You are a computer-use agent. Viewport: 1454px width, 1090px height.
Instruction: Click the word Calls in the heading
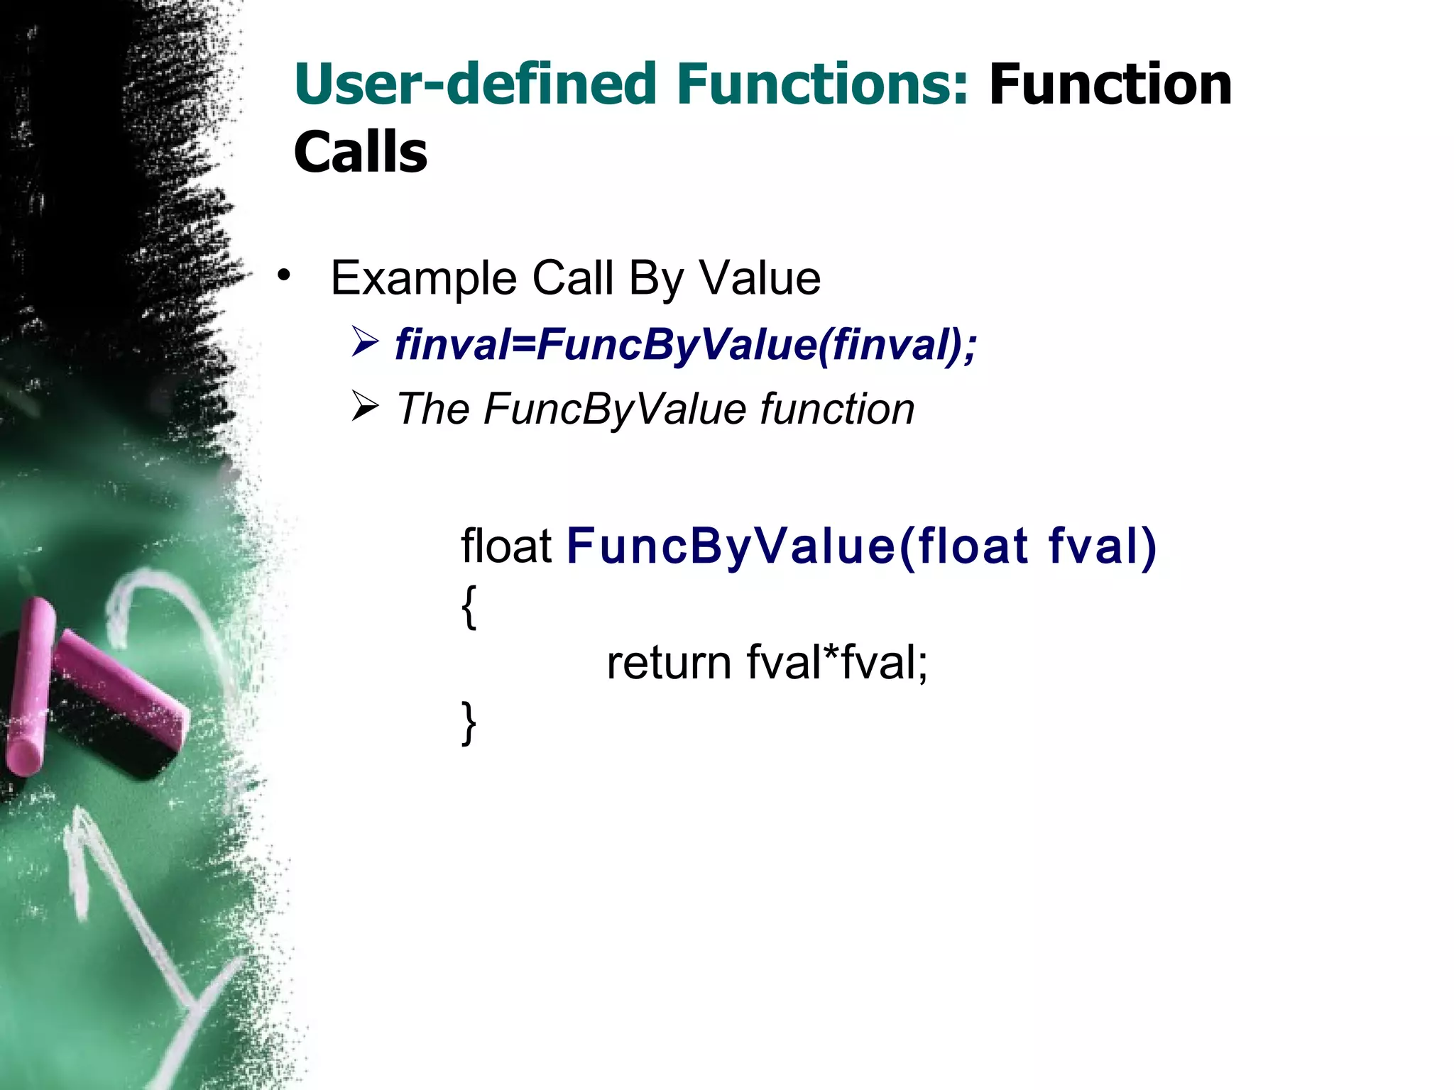(x=360, y=153)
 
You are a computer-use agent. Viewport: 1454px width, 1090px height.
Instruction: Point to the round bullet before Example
(x=284, y=275)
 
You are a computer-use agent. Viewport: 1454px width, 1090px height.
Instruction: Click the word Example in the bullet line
(x=423, y=278)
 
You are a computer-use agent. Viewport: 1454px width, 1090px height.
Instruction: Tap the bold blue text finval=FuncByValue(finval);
(x=685, y=346)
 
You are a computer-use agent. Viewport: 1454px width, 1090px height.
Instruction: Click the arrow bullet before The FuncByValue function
(x=366, y=407)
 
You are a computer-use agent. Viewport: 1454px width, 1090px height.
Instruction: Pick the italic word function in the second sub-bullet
(x=837, y=409)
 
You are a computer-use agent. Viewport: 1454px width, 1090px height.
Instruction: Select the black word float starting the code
(x=505, y=546)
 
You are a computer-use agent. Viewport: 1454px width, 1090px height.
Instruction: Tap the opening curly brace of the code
(x=469, y=607)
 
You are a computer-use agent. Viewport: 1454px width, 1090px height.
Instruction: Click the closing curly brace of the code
(x=469, y=722)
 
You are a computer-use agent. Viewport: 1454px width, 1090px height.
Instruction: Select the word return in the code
(x=668, y=664)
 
